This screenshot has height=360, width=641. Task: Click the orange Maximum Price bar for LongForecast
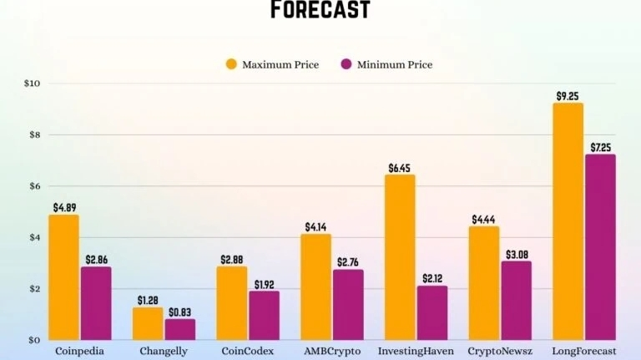568,221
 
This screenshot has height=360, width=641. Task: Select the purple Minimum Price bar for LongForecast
600,247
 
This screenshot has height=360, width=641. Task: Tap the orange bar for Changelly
148,323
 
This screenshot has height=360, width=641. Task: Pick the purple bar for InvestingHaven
432,312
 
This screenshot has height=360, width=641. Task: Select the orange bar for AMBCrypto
316,286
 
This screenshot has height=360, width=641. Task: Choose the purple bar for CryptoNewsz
517,300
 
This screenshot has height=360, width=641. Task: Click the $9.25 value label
568,96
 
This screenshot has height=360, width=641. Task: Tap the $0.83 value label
180,312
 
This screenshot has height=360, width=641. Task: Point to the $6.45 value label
400,168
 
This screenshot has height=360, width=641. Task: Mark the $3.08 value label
517,254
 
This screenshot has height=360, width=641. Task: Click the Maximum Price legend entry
272,64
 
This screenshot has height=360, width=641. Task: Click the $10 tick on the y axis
33,84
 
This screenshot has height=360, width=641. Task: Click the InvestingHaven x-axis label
416,352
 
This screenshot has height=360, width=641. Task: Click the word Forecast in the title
320,11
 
